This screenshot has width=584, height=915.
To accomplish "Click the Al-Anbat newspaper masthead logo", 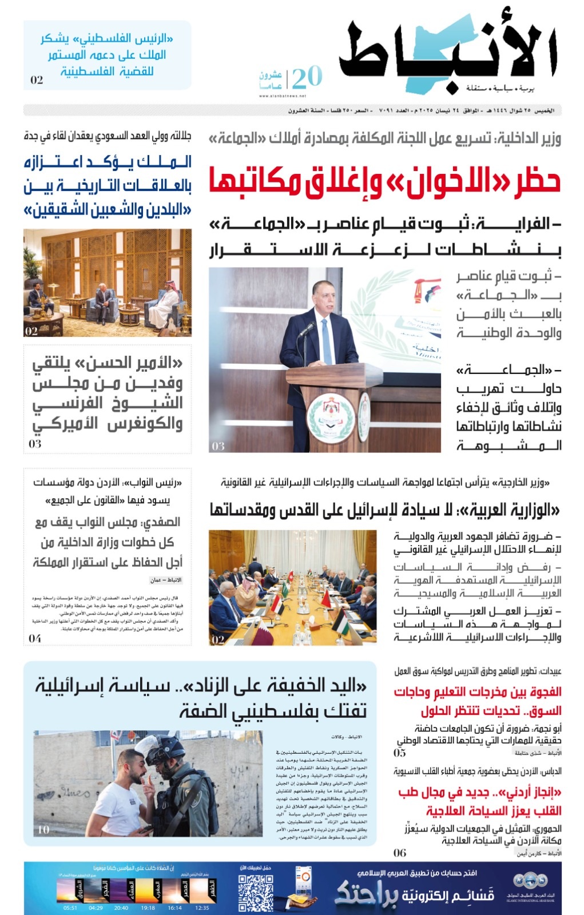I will [x=449, y=54].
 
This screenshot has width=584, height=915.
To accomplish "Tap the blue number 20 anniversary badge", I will [x=307, y=77].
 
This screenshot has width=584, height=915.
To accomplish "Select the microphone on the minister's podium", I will [x=307, y=329].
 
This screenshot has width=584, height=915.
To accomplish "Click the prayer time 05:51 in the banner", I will [x=70, y=908].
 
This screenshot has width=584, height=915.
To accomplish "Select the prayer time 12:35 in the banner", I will [x=202, y=908].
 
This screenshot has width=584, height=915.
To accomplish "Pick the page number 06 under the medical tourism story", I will [x=400, y=853].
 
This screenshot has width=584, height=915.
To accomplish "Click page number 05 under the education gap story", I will [x=400, y=753].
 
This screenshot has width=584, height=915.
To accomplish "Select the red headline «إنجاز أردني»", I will [x=479, y=801].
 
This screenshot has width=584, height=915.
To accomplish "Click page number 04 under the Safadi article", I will [x=35, y=638].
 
